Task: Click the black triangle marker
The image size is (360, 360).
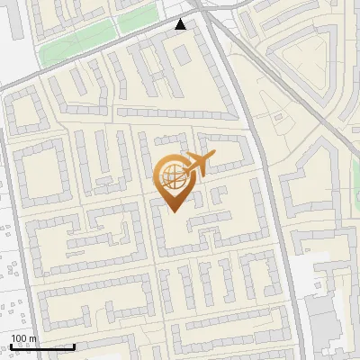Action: [182, 24]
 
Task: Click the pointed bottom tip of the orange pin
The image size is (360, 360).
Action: [174, 212]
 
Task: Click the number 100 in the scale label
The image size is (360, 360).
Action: [19, 338]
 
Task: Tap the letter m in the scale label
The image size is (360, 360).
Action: [34, 338]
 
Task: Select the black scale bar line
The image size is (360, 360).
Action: [42, 346]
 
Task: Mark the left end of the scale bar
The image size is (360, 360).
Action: [11, 346]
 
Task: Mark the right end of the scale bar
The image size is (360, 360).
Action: [75, 346]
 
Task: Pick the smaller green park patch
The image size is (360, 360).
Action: [138, 18]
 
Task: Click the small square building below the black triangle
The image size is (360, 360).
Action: [182, 54]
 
